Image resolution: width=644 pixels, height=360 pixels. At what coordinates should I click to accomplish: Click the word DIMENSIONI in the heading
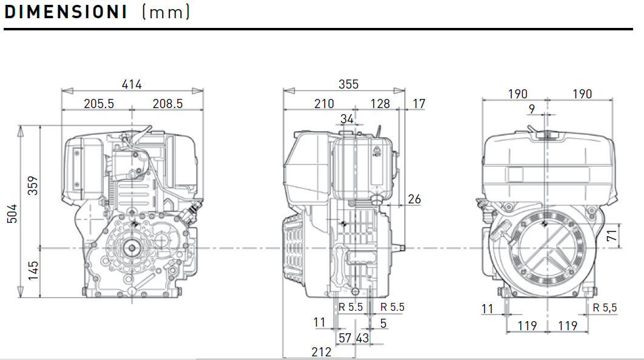coord(66,12)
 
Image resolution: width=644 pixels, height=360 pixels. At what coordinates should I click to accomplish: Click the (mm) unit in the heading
coord(166,12)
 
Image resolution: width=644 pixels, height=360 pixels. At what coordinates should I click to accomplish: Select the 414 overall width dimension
coord(132,84)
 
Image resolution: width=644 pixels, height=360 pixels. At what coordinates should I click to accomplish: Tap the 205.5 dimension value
coord(98,104)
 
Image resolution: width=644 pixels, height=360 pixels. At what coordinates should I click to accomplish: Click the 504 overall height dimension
coord(12,212)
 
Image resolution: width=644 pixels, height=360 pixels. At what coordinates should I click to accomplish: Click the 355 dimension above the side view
coord(348,84)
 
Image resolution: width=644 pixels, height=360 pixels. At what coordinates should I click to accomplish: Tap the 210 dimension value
coord(324,104)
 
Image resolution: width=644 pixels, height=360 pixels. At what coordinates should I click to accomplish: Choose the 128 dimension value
coord(380,104)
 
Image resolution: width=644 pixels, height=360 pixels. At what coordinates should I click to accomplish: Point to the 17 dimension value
coord(419,104)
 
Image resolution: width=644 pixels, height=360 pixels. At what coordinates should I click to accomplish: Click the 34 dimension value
coord(347,119)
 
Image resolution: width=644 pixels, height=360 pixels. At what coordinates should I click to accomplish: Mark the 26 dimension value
coord(415,199)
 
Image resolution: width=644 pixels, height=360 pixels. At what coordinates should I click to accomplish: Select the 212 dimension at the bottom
coord(321,352)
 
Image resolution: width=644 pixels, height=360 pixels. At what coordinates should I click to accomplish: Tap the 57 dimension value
coord(345,338)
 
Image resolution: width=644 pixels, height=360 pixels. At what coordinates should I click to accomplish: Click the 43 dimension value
coord(362,338)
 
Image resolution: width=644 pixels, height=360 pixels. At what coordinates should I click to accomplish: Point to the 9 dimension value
coord(532,109)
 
